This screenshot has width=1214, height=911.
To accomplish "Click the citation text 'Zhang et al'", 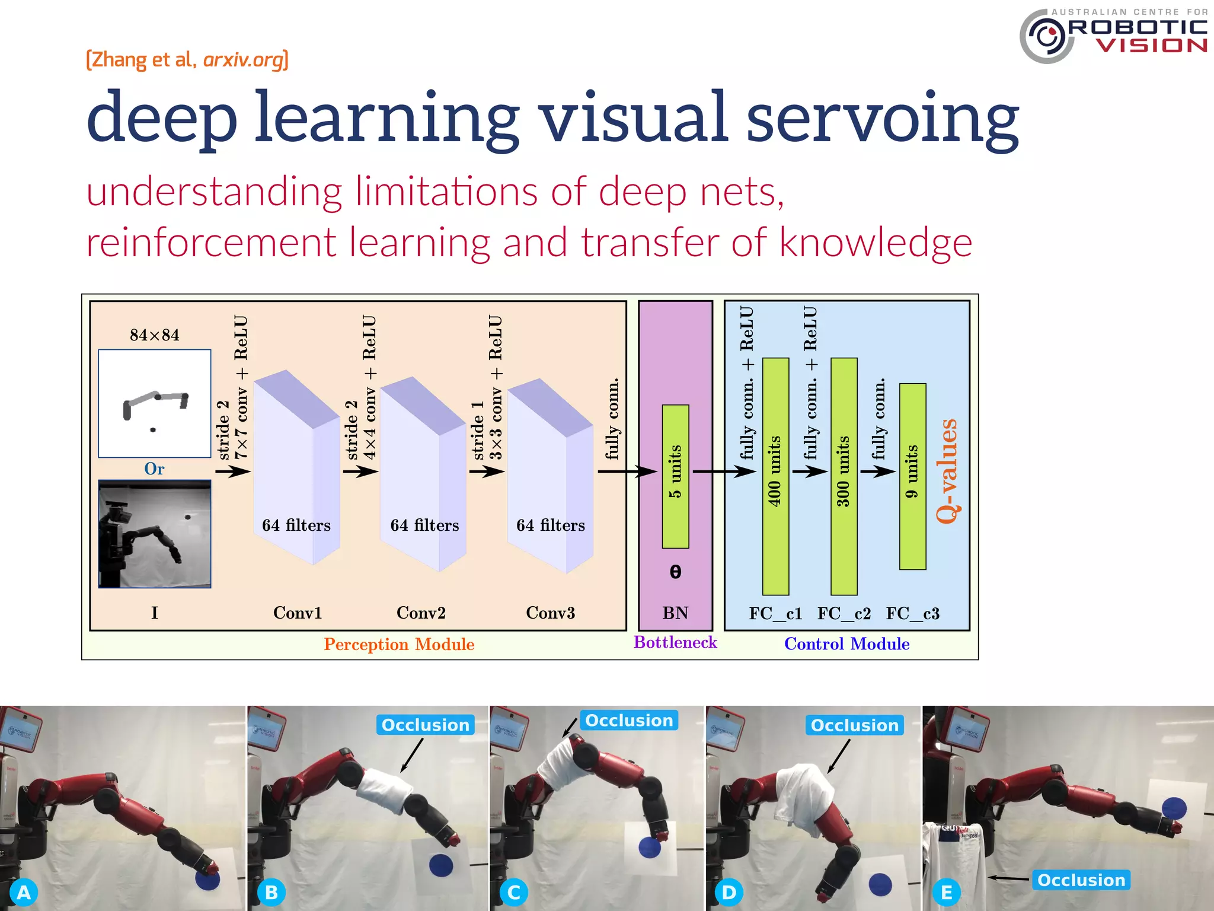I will (x=141, y=60).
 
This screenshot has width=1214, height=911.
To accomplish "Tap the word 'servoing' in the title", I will (x=882, y=119).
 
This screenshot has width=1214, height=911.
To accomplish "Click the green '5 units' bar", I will (x=675, y=476).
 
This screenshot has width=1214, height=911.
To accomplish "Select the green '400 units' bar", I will (x=775, y=476).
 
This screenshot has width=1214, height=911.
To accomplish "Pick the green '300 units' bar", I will (x=844, y=476).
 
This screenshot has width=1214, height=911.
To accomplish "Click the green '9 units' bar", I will (x=912, y=476).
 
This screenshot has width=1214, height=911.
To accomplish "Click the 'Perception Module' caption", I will (x=399, y=644).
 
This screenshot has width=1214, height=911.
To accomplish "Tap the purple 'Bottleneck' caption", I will (x=675, y=642).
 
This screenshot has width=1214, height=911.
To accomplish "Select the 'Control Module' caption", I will (x=846, y=644).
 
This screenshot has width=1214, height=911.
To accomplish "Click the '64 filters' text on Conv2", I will (x=424, y=525).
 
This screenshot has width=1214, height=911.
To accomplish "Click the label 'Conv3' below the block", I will (x=550, y=613).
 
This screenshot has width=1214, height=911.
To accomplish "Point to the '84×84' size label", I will (x=154, y=335).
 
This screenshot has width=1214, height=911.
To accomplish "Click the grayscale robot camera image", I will (x=154, y=534).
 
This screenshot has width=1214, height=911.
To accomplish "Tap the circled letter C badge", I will (x=514, y=892).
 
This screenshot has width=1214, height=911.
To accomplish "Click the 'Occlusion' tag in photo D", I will (x=854, y=725).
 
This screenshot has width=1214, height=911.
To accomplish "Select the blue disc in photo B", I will (x=441, y=865).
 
